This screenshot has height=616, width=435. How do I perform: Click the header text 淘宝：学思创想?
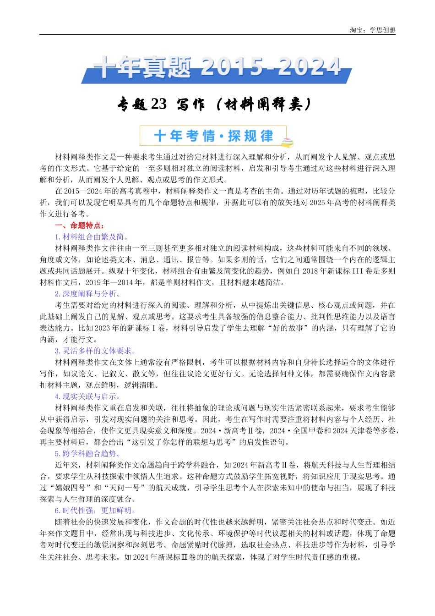click(x=372, y=30)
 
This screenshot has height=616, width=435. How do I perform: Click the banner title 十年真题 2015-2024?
click(x=217, y=68)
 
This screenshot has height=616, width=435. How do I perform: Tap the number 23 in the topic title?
click(x=158, y=104)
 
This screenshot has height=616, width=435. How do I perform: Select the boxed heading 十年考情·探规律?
click(x=213, y=136)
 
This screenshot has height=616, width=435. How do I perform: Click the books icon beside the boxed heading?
click(x=287, y=143)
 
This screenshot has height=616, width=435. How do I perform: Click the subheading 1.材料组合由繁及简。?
click(x=92, y=237)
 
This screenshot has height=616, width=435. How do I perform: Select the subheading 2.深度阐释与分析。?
click(x=88, y=294)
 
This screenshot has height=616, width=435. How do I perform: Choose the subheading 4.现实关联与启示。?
click(x=88, y=396)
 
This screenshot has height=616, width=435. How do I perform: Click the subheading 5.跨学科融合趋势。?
click(x=88, y=454)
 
